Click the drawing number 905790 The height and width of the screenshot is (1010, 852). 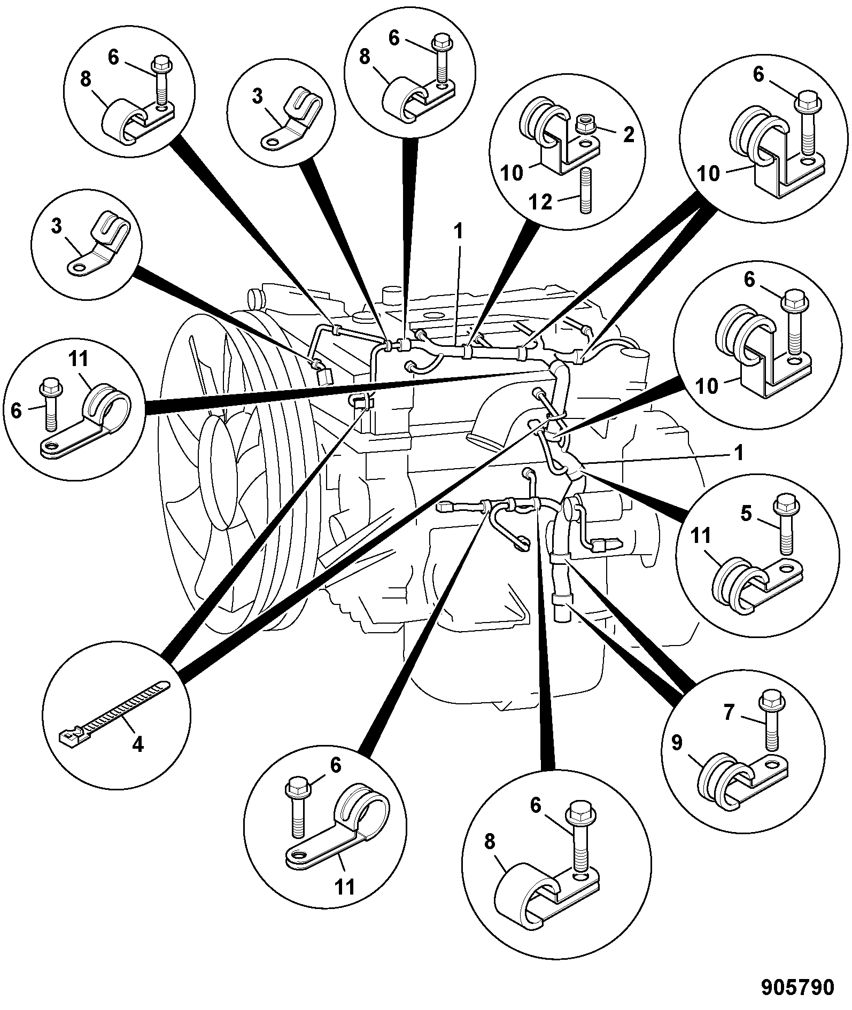coord(798,987)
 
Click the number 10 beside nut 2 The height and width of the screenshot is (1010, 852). coord(512,174)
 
